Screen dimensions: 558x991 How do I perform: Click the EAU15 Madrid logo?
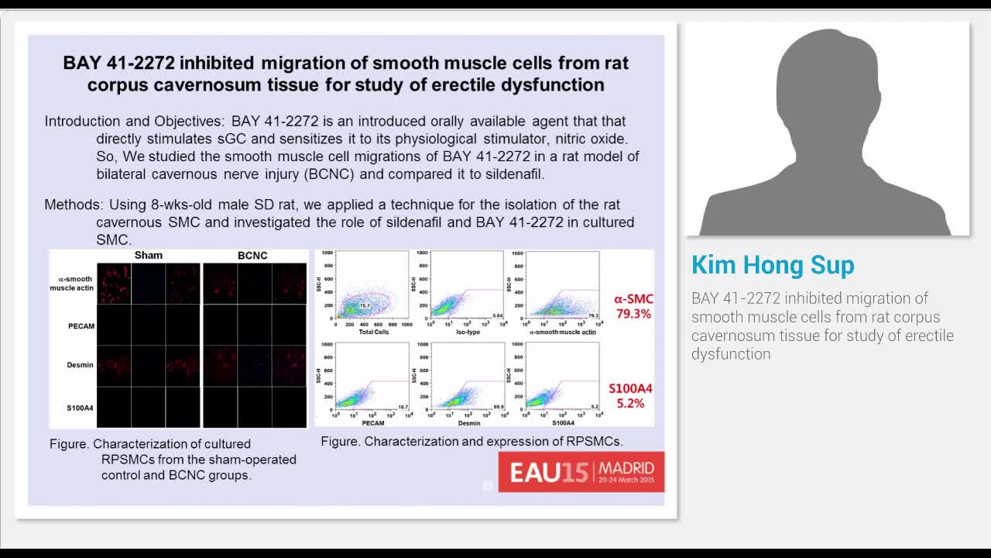click(581, 471)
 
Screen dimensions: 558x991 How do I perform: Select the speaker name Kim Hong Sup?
click(773, 265)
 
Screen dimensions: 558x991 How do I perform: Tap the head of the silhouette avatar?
click(827, 85)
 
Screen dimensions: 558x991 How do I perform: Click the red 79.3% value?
click(633, 314)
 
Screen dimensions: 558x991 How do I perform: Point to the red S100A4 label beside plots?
click(630, 388)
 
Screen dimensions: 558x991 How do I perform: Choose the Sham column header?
click(149, 255)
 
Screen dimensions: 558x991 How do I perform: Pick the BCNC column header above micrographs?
click(252, 255)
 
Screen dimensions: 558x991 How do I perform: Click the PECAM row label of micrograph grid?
click(81, 326)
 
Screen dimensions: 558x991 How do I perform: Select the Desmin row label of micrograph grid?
click(81, 364)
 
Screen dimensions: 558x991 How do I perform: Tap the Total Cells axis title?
click(374, 332)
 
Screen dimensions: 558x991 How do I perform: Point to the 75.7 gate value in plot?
click(365, 307)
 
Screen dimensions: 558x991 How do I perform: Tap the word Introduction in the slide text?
click(82, 121)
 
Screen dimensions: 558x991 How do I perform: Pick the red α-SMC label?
click(633, 298)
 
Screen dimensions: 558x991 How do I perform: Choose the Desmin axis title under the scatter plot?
click(468, 423)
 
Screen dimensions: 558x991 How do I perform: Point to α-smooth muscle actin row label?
click(75, 284)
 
